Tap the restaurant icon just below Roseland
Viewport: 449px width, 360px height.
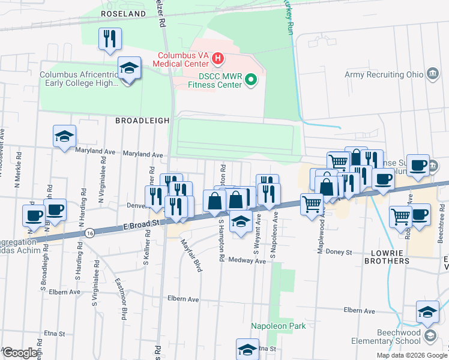(110, 40)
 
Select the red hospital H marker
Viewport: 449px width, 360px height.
(218, 59)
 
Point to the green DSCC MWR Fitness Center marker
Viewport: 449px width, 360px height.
(252, 79)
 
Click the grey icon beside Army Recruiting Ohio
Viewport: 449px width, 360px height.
(432, 74)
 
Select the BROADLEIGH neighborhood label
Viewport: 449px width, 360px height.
(142, 121)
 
